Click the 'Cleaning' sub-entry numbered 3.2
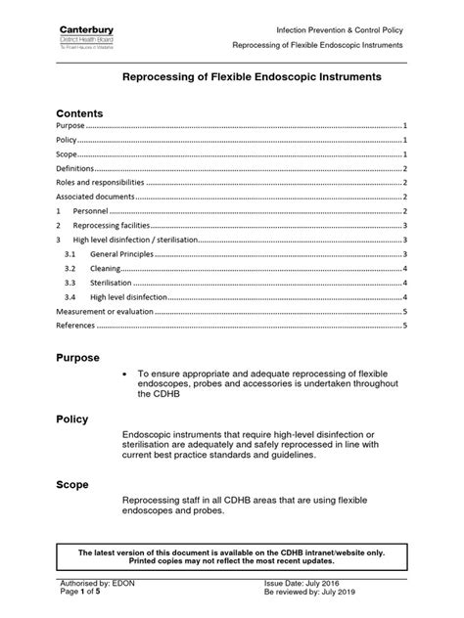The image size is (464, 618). point(107,267)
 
